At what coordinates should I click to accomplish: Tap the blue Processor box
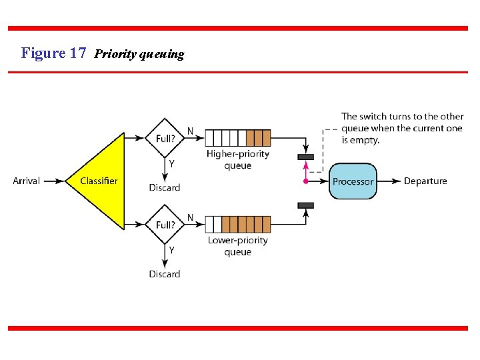click(x=353, y=181)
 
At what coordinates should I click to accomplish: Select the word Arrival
click(x=27, y=181)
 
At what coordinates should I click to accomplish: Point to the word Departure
click(x=425, y=181)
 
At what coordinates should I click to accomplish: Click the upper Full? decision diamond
click(x=165, y=138)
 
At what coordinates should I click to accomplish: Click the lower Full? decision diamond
click(x=165, y=225)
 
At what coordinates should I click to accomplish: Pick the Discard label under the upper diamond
click(x=165, y=187)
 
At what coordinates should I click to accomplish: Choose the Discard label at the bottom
click(x=165, y=274)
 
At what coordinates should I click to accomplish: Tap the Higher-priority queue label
click(x=238, y=159)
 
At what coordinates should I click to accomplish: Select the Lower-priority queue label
click(x=238, y=246)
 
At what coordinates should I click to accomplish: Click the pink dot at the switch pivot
click(x=305, y=181)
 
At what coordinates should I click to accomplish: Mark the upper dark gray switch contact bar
click(x=305, y=157)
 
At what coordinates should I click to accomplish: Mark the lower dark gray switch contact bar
click(x=305, y=205)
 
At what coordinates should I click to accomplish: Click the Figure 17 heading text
click(x=53, y=53)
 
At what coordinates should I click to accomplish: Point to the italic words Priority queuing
click(x=139, y=54)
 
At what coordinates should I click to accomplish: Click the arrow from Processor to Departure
click(x=389, y=181)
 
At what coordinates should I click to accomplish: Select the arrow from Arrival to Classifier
click(x=53, y=181)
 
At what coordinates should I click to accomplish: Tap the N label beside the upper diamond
click(x=191, y=131)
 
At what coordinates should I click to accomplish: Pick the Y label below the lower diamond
click(x=171, y=250)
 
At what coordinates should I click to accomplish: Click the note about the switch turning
click(x=402, y=128)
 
